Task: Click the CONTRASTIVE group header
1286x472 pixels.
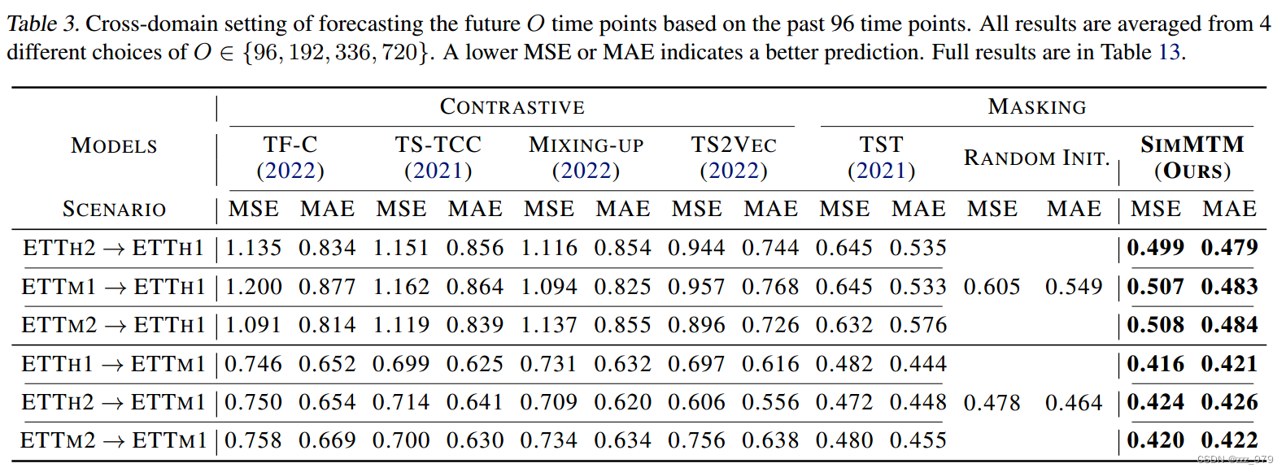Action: point(512,107)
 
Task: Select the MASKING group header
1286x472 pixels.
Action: point(1036,107)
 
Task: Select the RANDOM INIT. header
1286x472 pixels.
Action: point(1036,158)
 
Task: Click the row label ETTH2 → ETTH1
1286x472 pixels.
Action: point(113,248)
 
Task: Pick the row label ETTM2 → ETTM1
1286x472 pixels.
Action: point(113,440)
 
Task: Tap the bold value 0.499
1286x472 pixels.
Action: point(1155,248)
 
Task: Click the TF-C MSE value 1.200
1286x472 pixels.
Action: point(254,287)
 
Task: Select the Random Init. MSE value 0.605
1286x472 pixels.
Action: point(992,287)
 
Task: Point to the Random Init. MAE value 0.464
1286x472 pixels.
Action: point(1074,403)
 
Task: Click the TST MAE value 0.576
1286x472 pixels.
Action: point(918,325)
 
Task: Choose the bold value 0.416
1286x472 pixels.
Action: point(1155,364)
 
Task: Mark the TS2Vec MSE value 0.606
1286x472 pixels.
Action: point(696,402)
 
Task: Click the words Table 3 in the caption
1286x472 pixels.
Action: point(42,24)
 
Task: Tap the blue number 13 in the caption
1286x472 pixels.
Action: point(1169,53)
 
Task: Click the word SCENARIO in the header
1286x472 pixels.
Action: point(114,210)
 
